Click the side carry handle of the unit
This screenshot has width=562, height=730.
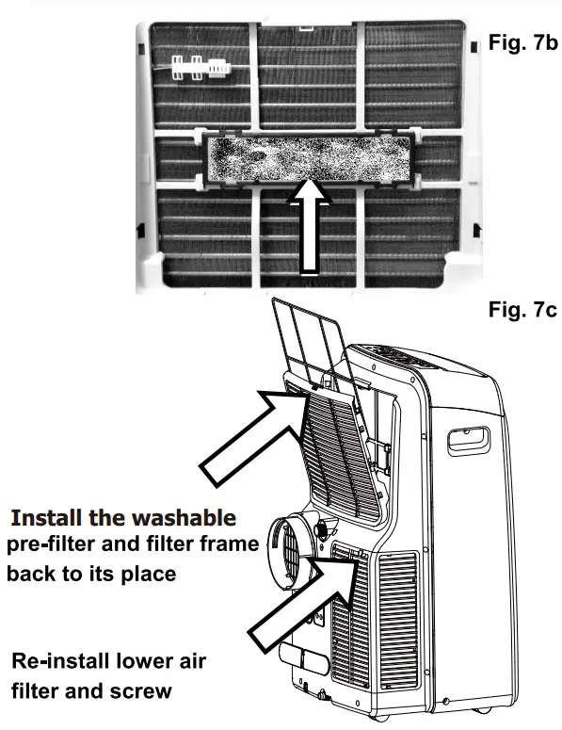472,439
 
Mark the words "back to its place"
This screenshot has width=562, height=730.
92,574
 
